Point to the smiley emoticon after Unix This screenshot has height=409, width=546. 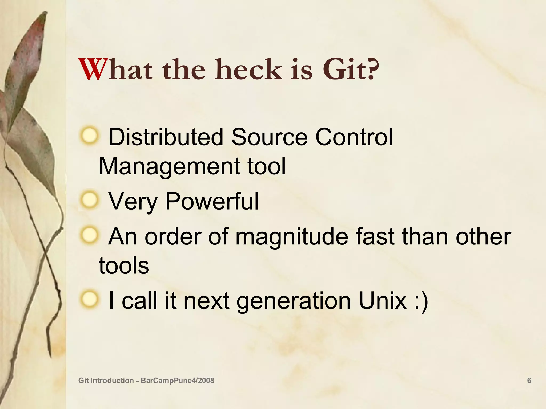click(421, 301)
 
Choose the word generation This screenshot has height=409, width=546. click(294, 301)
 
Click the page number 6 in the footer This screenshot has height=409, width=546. click(529, 381)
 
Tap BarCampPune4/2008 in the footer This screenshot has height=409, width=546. click(177, 381)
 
